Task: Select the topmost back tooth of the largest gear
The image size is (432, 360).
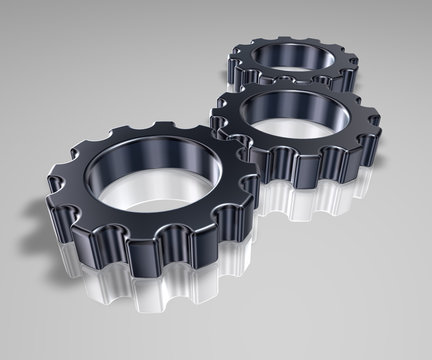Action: (165, 131)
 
